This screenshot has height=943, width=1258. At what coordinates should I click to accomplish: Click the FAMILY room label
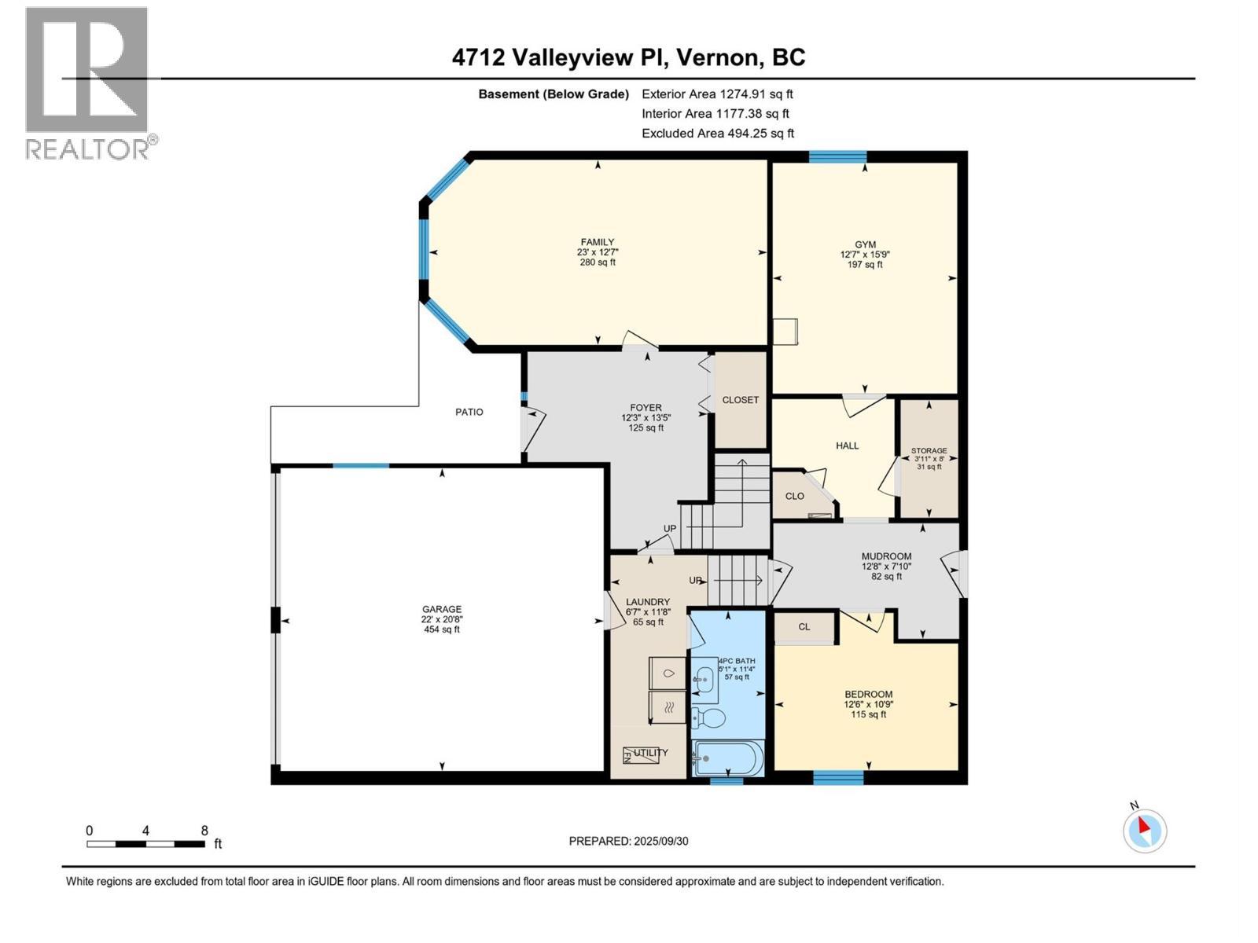[598, 242]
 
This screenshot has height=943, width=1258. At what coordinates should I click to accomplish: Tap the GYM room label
[865, 244]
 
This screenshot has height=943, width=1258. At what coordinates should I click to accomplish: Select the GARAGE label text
[441, 609]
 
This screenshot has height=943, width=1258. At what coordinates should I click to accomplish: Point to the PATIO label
[469, 412]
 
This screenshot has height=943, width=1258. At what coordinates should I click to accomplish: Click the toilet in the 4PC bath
[709, 717]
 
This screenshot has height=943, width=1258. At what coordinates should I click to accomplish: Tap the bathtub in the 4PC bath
[727, 758]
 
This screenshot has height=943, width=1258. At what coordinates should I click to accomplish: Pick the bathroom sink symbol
[704, 674]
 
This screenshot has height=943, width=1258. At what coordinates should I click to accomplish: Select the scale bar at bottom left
[146, 844]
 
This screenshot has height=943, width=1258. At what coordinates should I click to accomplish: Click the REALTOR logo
[87, 83]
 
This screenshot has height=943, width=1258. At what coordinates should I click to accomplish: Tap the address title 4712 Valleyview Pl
[628, 57]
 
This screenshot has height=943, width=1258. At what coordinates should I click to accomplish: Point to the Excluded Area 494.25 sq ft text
[717, 134]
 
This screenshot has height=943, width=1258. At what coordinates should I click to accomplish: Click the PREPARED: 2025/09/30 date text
[628, 841]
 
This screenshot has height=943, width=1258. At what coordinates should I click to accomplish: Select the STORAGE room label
[929, 451]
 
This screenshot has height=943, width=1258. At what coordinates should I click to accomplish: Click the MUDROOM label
[886, 556]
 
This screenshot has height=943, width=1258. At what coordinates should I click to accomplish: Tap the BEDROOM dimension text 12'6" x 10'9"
[868, 705]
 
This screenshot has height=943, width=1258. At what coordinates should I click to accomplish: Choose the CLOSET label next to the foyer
[740, 400]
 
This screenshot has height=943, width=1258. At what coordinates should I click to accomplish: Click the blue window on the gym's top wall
[837, 156]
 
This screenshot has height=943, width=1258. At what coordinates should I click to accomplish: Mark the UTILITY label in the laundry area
[650, 753]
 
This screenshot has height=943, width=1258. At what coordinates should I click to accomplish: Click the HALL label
[847, 446]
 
